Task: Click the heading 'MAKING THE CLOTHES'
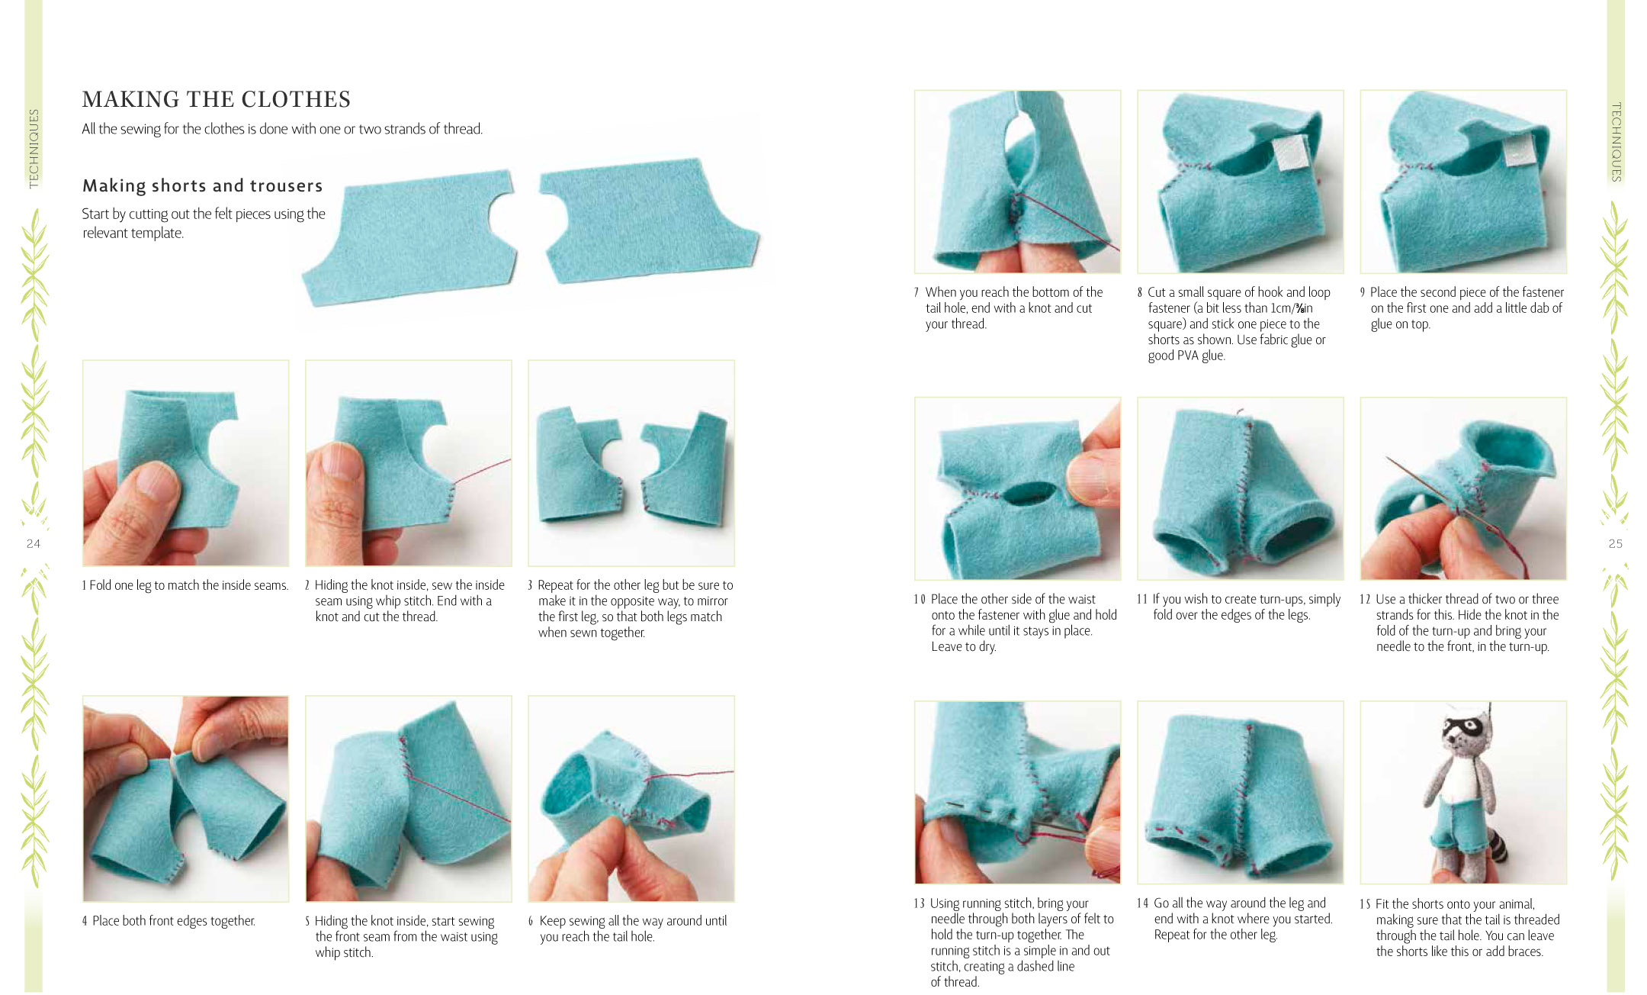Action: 217,99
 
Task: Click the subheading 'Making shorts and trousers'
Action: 203,185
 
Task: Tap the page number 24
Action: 34,543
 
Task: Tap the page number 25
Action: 1615,543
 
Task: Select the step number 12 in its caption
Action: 1365,599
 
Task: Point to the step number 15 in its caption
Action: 1365,904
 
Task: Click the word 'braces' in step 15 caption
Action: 1522,952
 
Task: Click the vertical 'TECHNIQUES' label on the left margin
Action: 34,148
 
